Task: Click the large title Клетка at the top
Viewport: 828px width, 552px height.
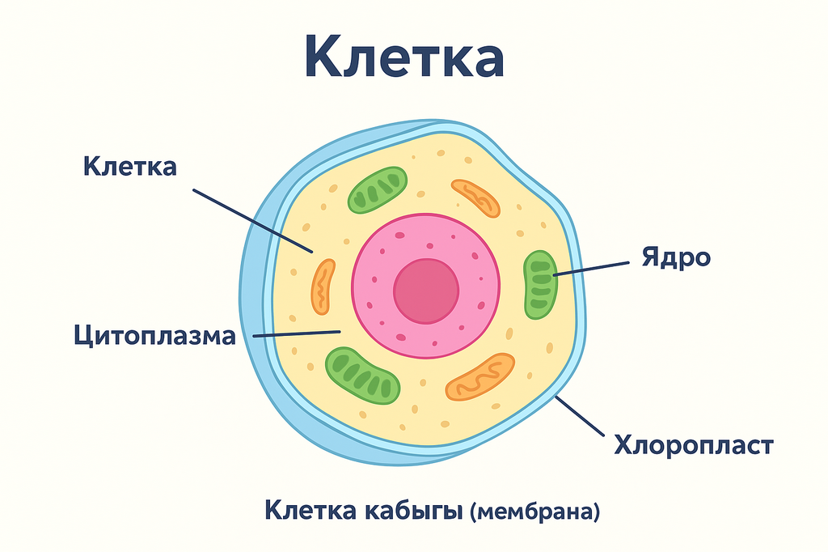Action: coord(404,57)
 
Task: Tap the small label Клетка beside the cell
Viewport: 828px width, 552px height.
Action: coord(130,166)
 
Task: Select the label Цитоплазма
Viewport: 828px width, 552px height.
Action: coord(154,336)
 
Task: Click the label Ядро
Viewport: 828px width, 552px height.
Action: coord(676,258)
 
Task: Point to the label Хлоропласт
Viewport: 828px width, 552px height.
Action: coord(694,445)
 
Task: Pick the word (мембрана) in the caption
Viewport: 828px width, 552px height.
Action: coord(535,512)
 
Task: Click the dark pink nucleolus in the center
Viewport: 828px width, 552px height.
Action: coord(426,291)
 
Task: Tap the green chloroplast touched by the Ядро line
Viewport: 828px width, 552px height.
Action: coord(540,284)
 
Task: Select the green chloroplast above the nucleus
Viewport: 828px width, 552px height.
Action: coord(377,190)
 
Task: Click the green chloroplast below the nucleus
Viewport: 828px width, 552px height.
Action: coord(362,376)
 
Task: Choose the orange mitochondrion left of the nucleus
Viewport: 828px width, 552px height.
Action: coord(323,287)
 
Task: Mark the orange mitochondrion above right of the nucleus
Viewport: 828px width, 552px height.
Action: coord(475,197)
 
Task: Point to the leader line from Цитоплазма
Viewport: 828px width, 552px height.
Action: coord(297,334)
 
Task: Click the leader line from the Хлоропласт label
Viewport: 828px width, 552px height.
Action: coord(580,415)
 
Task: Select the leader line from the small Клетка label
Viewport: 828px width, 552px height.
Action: coord(252,221)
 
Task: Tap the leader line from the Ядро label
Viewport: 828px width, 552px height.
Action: coord(591,269)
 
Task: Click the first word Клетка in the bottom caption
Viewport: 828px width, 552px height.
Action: coord(311,510)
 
